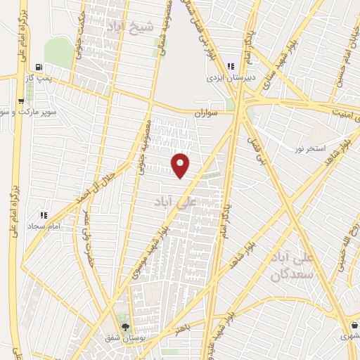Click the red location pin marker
click(x=181, y=166)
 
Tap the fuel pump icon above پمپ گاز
click(x=37, y=69)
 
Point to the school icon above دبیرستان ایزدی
click(x=229, y=66)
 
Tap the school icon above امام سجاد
click(x=43, y=215)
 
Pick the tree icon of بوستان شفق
click(x=125, y=327)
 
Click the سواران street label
click(x=207, y=112)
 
